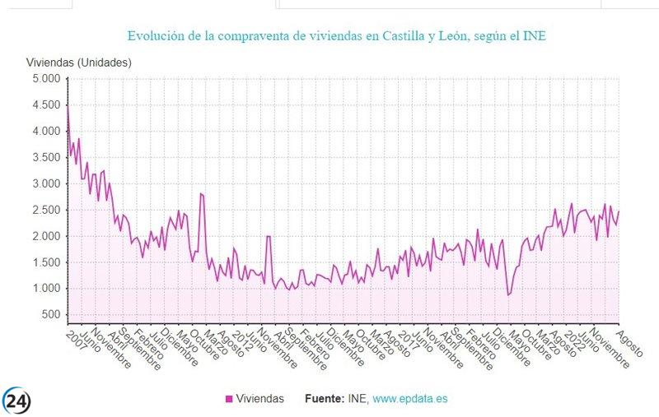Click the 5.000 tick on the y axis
45,79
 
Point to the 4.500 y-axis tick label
45,105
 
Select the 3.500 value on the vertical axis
45,157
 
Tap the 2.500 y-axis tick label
45,210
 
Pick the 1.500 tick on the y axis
45,262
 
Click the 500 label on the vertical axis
51,315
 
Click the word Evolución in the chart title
155,36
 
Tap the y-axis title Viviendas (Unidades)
79,63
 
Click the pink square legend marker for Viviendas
229,399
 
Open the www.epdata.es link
410,399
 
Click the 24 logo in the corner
16,400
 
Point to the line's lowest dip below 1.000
508,294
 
